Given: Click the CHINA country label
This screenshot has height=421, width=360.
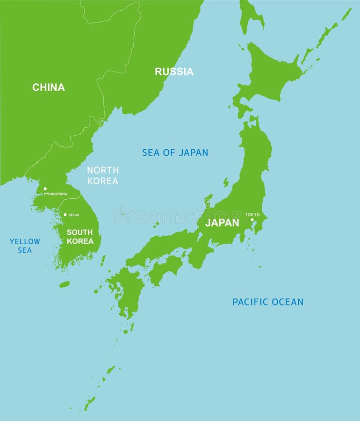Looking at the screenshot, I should [x=49, y=87].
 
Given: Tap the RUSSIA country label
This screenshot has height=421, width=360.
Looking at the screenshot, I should [x=174, y=72].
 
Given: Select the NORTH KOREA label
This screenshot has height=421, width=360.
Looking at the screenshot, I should [x=103, y=175].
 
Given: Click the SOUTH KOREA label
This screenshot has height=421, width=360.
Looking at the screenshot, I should [x=80, y=237].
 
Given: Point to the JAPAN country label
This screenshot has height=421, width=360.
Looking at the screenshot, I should [x=222, y=223].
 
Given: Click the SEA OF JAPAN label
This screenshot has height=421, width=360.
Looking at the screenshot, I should [x=175, y=152].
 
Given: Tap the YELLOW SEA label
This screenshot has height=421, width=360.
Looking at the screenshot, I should [x=25, y=246].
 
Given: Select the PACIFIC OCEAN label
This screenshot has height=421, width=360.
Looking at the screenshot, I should [x=268, y=302].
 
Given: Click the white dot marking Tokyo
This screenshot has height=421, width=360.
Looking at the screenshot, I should [x=252, y=219].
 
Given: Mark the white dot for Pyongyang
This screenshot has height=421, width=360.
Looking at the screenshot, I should [x=45, y=189].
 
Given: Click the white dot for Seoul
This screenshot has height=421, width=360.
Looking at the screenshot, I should [x=65, y=215].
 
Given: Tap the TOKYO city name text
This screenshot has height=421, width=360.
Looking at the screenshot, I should [x=252, y=215].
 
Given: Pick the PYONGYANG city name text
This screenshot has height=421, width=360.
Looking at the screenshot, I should [x=56, y=194].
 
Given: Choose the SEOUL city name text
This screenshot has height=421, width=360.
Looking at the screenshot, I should [x=74, y=215].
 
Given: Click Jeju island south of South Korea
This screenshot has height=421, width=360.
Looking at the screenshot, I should [x=65, y=284].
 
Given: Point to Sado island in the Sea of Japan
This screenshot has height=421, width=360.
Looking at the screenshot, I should [x=226, y=182].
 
